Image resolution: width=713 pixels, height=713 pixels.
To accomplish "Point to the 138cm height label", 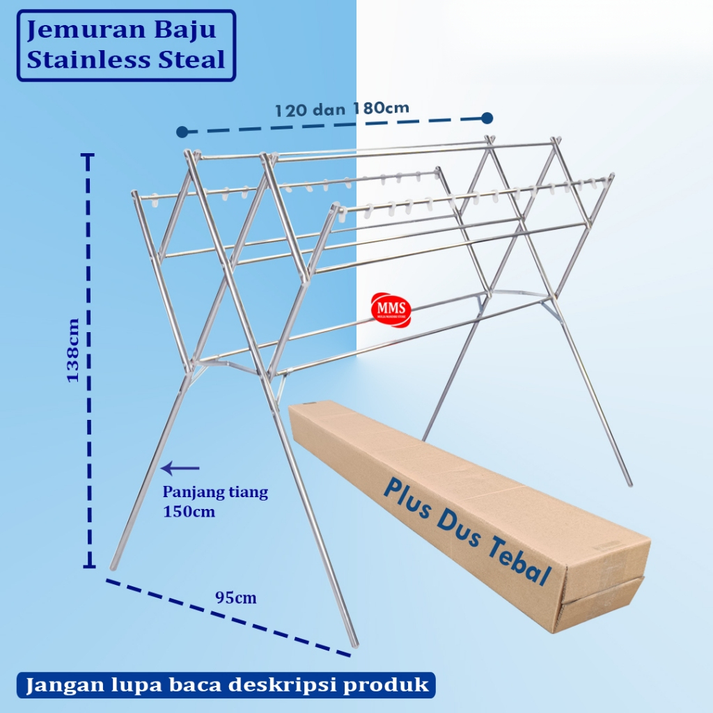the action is click(x=72, y=350).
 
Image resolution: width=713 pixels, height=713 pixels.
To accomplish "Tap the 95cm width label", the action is click(x=235, y=597).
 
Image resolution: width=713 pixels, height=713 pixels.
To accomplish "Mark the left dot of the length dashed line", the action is click(x=182, y=132).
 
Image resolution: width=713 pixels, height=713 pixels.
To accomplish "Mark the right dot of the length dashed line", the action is click(x=487, y=118).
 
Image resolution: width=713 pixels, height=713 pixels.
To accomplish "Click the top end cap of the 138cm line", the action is click(x=88, y=157).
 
